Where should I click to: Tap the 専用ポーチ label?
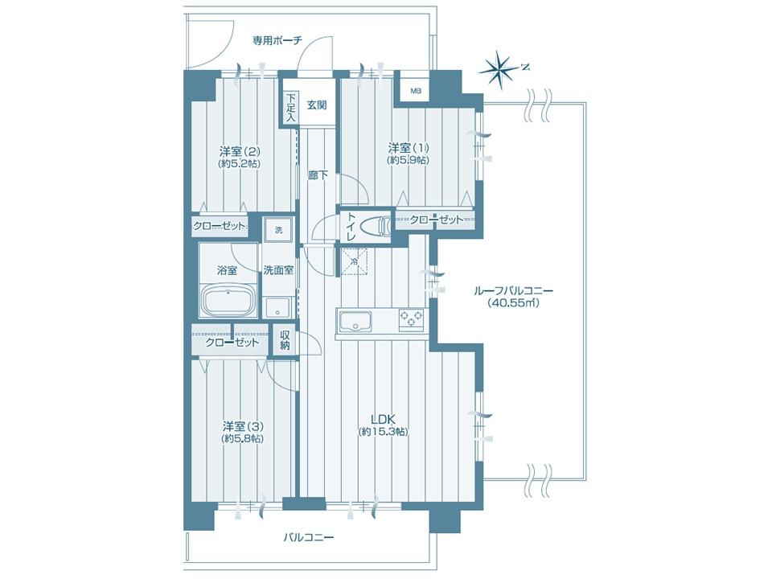point(277,40)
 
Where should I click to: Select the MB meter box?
point(416,91)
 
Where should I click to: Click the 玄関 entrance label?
point(317,105)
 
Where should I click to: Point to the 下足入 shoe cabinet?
point(290,107)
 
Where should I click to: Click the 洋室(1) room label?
point(409,147)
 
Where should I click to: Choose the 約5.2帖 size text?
point(240,163)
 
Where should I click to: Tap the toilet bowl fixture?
point(376,227)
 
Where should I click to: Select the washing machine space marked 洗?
point(279,230)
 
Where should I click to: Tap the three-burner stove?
point(412,319)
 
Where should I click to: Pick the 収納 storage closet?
point(285,340)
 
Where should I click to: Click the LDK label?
point(384,420)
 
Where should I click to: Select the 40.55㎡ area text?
point(514,303)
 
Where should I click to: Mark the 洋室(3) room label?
point(241,425)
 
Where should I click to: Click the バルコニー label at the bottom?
point(308,536)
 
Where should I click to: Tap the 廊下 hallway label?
point(318,175)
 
